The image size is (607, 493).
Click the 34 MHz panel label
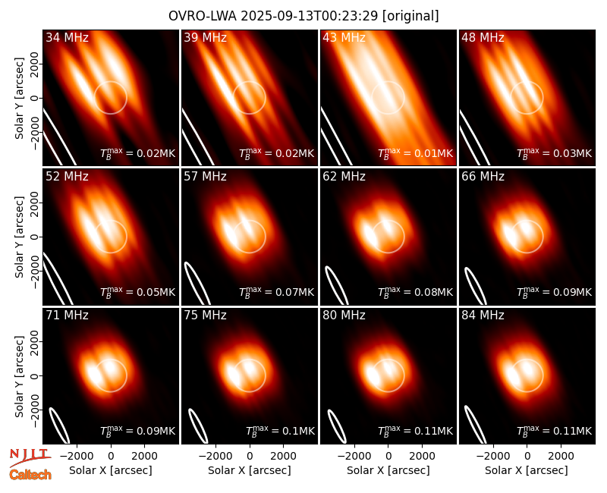[67, 37]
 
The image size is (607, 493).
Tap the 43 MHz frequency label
[344, 37]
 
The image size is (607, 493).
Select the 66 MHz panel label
[483, 177]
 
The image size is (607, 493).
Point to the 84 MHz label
[483, 316]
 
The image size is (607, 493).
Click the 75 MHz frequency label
[205, 316]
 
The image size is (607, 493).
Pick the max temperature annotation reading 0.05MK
[138, 292]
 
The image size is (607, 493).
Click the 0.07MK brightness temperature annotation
[277, 292]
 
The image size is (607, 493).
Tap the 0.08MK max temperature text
[415, 292]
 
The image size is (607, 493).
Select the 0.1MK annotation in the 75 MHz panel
[280, 431]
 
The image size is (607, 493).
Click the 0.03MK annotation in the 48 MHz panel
[555, 153]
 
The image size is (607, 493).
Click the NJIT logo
[30, 457]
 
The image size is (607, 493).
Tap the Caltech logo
[30, 475]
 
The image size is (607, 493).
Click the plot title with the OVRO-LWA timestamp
[303, 16]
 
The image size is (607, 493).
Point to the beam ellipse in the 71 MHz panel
[59, 425]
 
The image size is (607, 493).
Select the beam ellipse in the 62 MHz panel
[336, 285]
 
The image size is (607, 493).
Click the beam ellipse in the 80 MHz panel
[337, 425]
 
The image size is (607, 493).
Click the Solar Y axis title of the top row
[19, 99]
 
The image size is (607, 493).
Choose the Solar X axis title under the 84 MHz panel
[527, 470]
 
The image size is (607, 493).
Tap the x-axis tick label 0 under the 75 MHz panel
[250, 456]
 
